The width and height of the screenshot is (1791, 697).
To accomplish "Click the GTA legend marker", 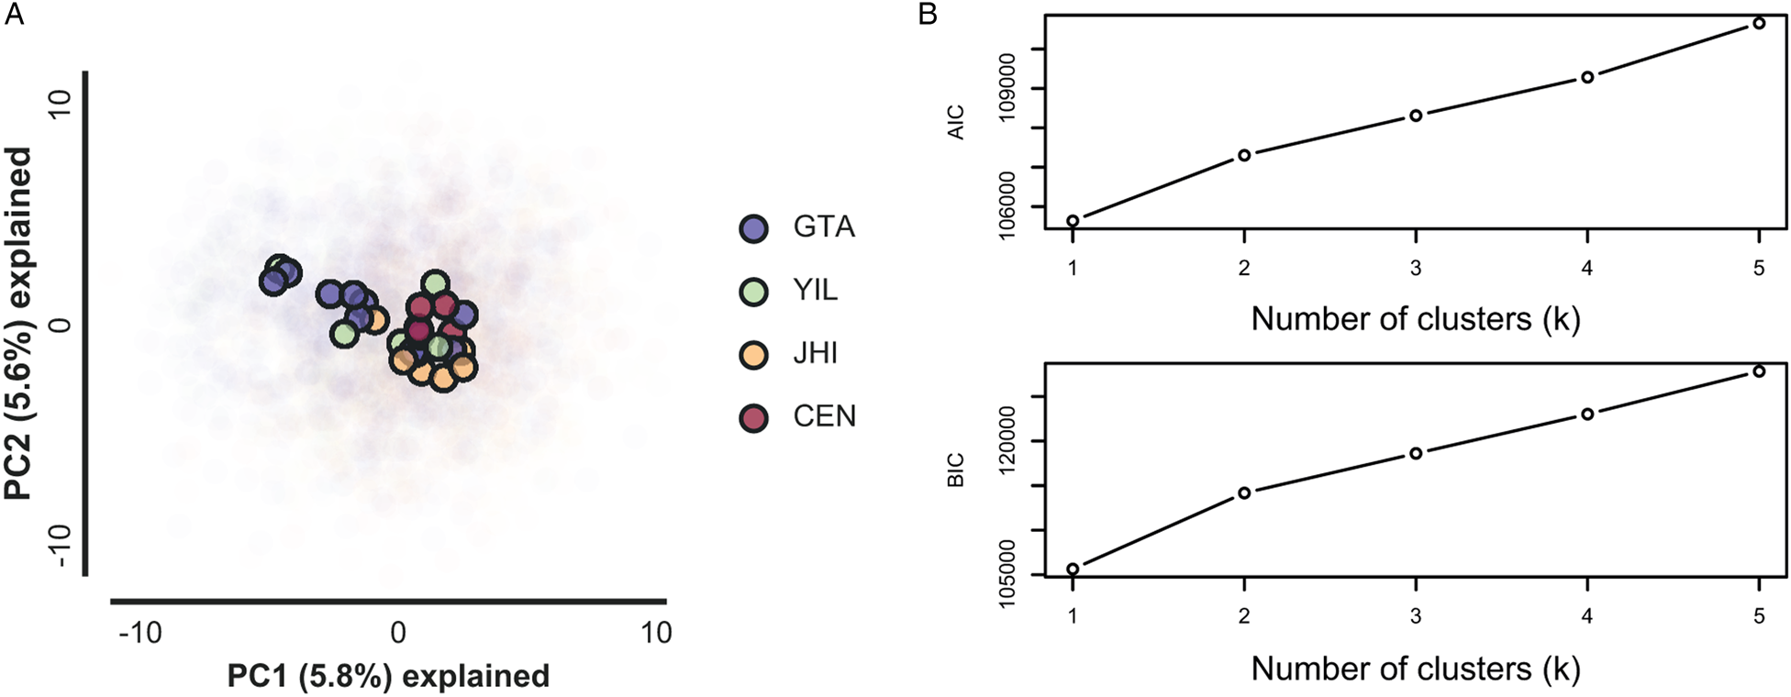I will click(753, 227).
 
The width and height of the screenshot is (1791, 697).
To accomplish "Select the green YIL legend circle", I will click(753, 291).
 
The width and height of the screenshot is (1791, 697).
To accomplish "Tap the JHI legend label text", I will click(815, 354).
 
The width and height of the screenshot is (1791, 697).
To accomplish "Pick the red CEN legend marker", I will click(753, 417).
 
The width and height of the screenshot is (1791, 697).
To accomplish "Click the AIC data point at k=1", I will click(1073, 221).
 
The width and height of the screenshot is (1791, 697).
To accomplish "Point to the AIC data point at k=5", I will click(1759, 23).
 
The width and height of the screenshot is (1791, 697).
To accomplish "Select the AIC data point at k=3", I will click(1416, 116).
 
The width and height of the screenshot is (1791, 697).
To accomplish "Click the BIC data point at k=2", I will click(1244, 493).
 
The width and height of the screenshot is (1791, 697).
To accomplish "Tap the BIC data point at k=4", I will click(1587, 414).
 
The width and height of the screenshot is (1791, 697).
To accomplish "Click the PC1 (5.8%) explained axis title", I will click(388, 676).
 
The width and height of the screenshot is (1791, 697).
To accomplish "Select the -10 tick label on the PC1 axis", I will click(140, 633).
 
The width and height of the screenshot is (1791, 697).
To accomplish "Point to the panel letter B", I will click(928, 15).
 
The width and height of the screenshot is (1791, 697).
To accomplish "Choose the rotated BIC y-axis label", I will click(956, 470).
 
